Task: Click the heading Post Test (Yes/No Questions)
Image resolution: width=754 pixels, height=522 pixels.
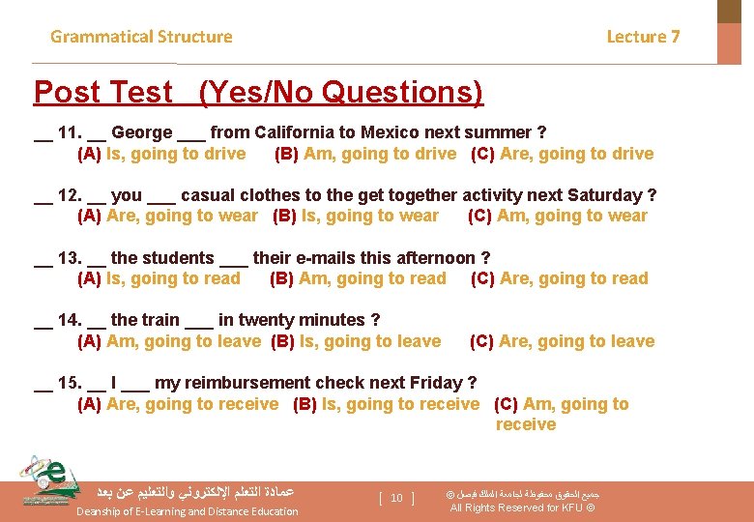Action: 258,93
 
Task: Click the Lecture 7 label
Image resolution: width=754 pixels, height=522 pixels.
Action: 643,37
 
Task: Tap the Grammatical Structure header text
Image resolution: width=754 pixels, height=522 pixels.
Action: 141,37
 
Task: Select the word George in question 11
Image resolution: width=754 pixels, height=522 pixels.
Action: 142,132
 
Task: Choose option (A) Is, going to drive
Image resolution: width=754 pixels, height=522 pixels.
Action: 161,154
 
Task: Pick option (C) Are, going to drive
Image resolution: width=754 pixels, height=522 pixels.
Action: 562,154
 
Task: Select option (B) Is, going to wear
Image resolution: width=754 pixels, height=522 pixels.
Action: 356,217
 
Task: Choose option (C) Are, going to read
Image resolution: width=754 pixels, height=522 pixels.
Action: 560,279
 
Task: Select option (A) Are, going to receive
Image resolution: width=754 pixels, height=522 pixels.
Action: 178,404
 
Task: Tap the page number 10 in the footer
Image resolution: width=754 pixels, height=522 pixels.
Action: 396,498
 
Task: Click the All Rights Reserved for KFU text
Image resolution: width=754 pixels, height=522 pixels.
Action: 522,508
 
